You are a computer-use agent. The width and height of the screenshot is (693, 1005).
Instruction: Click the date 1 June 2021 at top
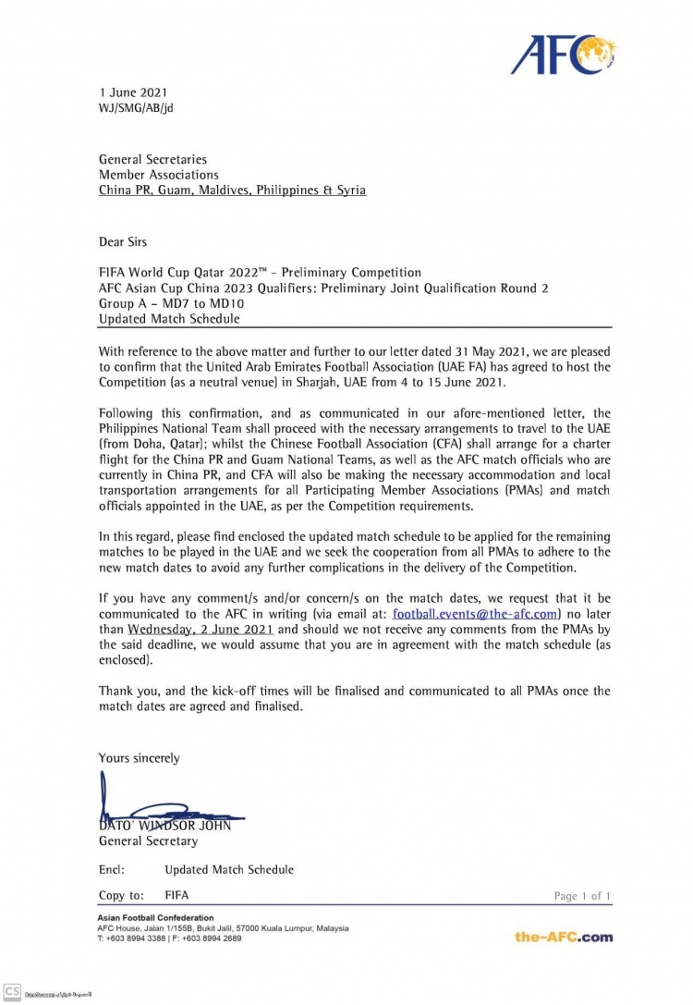[x=133, y=92]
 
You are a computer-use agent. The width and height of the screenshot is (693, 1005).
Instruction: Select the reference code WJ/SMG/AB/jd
[x=136, y=107]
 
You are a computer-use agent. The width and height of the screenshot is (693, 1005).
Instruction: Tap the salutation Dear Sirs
[x=123, y=242]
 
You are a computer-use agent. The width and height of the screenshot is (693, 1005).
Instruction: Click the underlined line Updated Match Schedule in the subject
[x=169, y=318]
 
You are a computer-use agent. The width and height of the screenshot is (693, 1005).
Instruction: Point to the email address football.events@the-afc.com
[x=475, y=613]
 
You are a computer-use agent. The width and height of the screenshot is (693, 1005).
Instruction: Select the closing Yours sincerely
[x=140, y=758]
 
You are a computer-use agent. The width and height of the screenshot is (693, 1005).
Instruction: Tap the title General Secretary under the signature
[x=148, y=841]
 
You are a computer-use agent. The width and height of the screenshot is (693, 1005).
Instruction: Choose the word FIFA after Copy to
[x=176, y=896]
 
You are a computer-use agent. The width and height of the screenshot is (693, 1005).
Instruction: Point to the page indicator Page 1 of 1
[x=582, y=897]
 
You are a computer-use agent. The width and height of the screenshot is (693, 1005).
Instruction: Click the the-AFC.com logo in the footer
[x=564, y=937]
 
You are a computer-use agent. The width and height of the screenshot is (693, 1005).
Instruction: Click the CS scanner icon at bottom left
[x=11, y=992]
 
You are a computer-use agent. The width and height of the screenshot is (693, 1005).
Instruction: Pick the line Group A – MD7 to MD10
[x=170, y=302]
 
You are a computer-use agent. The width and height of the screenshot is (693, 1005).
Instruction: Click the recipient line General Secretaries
[x=152, y=159]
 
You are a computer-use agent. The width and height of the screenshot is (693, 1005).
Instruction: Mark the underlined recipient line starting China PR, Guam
[x=232, y=190]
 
